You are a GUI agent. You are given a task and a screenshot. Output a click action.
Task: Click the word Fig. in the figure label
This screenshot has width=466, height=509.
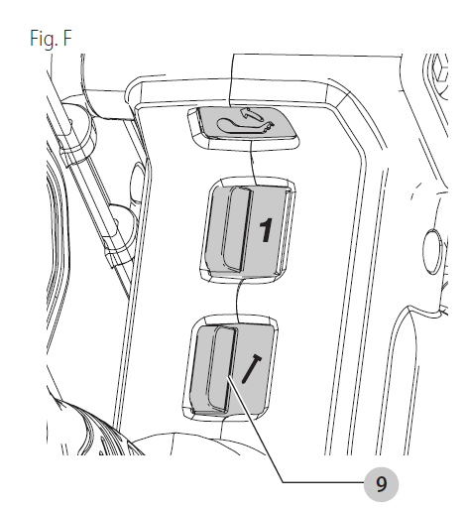44,38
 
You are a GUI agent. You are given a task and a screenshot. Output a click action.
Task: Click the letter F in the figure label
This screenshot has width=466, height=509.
67,38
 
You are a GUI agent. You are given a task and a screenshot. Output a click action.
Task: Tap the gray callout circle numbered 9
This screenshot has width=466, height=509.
381,484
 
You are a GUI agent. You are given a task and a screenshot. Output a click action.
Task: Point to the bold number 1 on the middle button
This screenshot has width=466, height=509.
266,230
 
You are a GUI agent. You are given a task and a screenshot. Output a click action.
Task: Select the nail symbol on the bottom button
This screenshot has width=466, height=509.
252,369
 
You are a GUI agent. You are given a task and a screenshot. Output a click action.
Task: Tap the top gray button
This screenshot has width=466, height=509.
246,123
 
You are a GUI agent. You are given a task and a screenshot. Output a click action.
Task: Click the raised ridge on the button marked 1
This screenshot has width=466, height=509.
237,228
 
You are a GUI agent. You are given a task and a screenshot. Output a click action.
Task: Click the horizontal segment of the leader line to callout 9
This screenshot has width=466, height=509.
323,482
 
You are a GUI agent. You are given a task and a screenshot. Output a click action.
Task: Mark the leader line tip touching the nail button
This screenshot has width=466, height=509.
227,377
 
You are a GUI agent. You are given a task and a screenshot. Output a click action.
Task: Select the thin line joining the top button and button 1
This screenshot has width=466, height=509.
253,162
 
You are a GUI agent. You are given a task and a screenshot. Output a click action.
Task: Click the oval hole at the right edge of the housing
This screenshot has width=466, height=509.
432,251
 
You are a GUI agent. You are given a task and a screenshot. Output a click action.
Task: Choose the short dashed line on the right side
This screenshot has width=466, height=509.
415,191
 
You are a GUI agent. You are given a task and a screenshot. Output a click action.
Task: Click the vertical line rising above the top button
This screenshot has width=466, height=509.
231,80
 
